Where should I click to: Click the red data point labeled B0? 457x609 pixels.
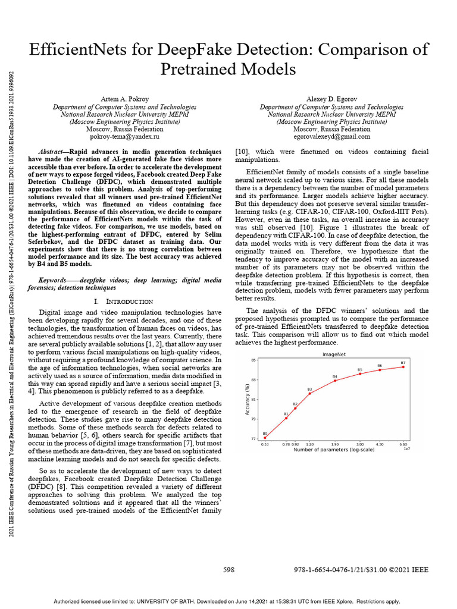pyautogui.click(x=265, y=438)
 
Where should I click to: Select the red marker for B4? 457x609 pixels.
pyautogui.click(x=335, y=381)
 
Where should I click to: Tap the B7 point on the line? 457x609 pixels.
pyautogui.click(x=403, y=367)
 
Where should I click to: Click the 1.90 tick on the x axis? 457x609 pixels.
pyautogui.click(x=335, y=444)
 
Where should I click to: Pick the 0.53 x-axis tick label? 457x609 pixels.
pyautogui.click(x=265, y=444)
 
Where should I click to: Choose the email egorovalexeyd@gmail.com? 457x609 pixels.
pyautogui.click(x=332, y=136)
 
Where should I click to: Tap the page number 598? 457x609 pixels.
pyautogui.click(x=228, y=570)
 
